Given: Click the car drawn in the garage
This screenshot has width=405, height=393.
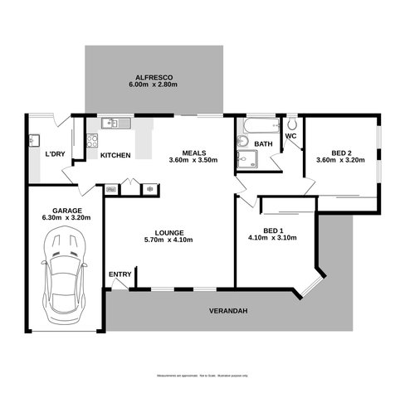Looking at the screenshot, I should tap(64, 273).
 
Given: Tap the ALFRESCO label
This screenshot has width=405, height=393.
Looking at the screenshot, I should tap(154, 76).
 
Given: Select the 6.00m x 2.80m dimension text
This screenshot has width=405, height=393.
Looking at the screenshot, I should tap(154, 85).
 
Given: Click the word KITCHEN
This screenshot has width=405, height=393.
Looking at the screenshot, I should tap(115, 155).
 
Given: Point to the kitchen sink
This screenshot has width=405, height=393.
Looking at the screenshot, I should tap(113, 124).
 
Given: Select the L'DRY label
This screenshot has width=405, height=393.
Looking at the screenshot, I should tap(55, 154).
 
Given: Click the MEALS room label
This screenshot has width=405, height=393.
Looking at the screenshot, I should tap(194, 152).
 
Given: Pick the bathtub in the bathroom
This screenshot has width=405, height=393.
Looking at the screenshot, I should tap(256, 127).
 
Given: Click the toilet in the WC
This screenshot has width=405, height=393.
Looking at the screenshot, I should tap(291, 124).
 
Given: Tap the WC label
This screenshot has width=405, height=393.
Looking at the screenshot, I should tap(290, 137).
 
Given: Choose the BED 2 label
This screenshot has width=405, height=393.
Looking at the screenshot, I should tap(339, 152).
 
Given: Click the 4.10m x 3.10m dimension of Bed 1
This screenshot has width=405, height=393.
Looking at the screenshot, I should tap(271, 237).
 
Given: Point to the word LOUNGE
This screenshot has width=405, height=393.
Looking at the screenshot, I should tap(168, 232).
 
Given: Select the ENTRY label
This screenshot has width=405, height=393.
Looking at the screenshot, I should tap(120, 274).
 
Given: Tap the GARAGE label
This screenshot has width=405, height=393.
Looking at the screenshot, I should tap(66, 211).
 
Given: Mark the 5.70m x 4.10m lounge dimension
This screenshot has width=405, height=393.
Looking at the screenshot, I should tap(168, 241).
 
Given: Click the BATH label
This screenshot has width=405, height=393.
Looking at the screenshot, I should tap(263, 144).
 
